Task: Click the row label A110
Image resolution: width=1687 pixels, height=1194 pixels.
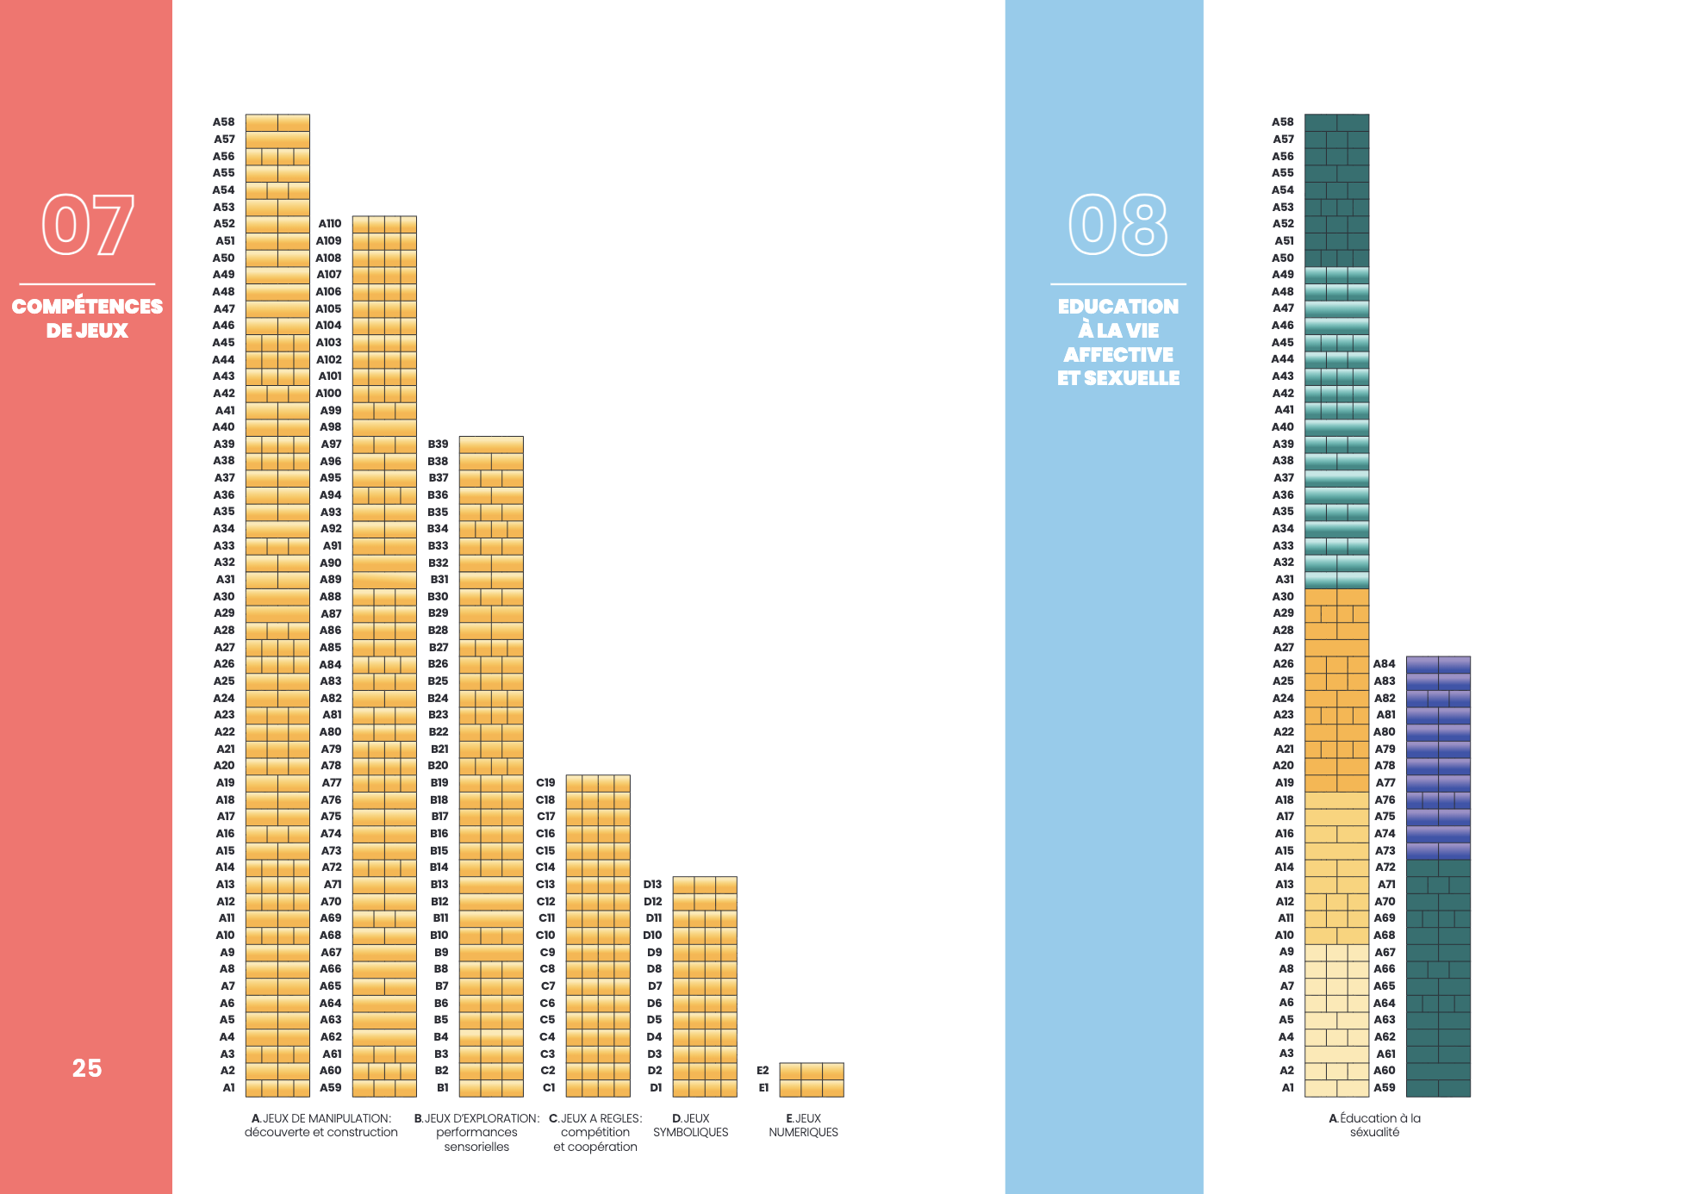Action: click(329, 224)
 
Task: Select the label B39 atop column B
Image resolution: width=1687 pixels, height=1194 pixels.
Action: click(438, 445)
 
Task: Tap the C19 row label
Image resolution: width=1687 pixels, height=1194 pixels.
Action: click(545, 783)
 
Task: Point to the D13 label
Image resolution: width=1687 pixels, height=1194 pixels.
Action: click(652, 885)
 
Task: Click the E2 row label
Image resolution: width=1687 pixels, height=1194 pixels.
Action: click(763, 1071)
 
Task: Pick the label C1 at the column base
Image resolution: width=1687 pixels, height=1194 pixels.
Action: click(548, 1088)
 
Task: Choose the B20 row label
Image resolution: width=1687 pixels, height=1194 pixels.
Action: click(438, 766)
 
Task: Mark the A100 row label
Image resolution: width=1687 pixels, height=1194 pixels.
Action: click(328, 394)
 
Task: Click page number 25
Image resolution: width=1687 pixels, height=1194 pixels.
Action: click(87, 1068)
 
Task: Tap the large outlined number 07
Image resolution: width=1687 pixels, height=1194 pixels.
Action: click(88, 225)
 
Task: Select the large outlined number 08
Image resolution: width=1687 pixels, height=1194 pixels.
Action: click(1117, 225)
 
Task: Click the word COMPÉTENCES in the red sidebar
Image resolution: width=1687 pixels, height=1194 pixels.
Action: click(87, 307)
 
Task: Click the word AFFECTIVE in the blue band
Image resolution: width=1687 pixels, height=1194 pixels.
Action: click(1117, 355)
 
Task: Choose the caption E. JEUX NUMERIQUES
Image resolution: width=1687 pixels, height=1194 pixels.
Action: click(803, 1125)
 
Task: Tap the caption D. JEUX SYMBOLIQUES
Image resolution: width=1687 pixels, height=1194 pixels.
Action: click(690, 1125)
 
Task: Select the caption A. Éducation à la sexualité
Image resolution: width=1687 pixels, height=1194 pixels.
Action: click(1374, 1125)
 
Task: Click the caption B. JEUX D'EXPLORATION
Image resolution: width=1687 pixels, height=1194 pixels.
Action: click(476, 1132)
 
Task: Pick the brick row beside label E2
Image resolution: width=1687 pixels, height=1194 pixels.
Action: click(812, 1071)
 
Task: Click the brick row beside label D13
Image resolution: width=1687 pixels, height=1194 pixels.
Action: click(705, 885)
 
